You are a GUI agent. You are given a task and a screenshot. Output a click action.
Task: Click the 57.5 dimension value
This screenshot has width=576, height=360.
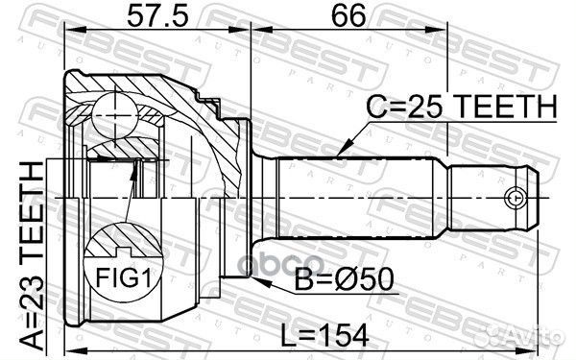[x=157, y=15]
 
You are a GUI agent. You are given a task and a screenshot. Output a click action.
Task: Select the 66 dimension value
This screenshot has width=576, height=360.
[x=348, y=15]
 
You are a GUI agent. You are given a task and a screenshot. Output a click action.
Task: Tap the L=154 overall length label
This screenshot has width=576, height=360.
[x=324, y=335]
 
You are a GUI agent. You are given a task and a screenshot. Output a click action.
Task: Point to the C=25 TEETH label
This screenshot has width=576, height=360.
[x=462, y=107]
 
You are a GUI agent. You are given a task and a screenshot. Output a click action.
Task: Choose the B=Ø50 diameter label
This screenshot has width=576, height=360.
[x=345, y=280]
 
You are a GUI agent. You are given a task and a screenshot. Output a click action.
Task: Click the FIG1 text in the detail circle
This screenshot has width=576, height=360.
[x=123, y=277]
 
